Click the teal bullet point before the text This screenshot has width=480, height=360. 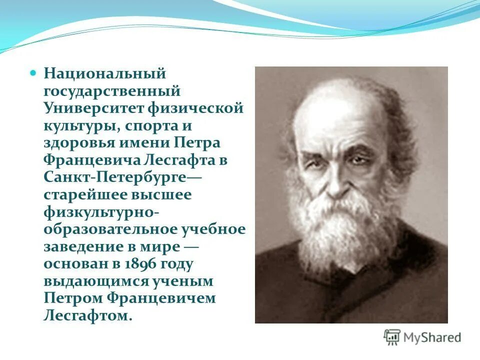click(x=33, y=73)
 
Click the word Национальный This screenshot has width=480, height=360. click(x=104, y=74)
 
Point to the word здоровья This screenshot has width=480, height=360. click(x=78, y=143)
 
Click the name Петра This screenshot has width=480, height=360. click(x=196, y=142)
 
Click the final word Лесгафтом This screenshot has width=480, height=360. click(x=88, y=315)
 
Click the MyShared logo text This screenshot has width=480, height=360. click(x=433, y=338)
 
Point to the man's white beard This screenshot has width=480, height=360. click(x=345, y=230)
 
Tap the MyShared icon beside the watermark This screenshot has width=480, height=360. click(x=392, y=337)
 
